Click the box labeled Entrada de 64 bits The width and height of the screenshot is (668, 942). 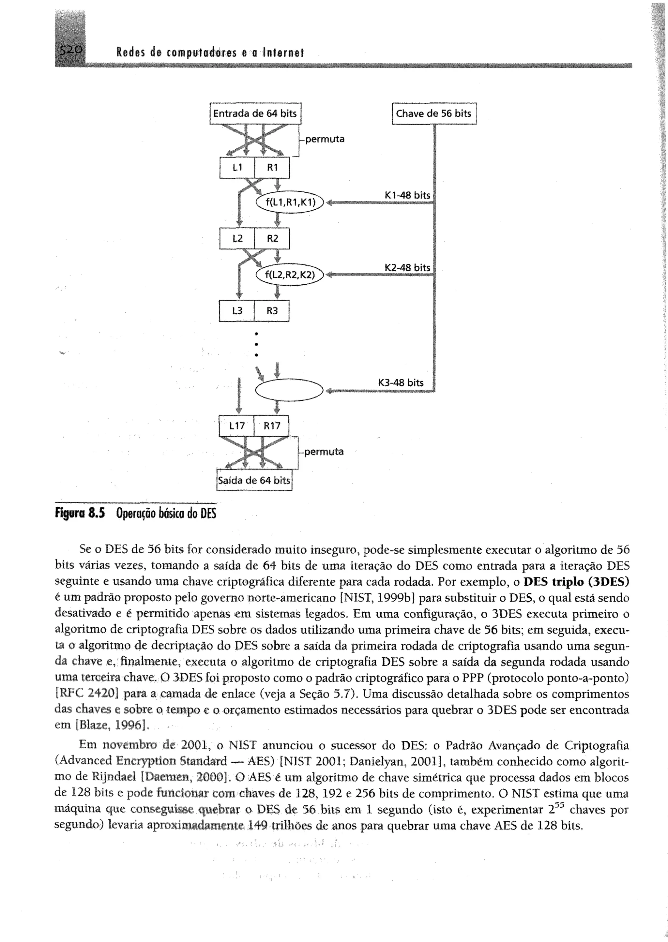(255, 113)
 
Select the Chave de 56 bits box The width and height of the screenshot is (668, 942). (434, 113)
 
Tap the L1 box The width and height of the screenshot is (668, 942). (237, 168)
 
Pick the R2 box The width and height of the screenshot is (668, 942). (272, 238)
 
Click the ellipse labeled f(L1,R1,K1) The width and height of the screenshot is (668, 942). (290, 202)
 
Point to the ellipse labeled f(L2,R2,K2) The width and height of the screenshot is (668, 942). (290, 275)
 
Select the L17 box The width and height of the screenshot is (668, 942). (237, 426)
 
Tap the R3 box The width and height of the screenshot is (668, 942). (272, 311)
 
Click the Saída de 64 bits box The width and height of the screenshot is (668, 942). (254, 480)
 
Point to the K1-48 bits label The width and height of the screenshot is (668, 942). (407, 195)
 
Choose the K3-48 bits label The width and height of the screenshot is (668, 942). (401, 383)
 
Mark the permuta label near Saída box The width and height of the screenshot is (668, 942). (324, 452)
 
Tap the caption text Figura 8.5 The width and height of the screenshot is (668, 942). (80, 514)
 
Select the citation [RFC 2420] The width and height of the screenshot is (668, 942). (87, 695)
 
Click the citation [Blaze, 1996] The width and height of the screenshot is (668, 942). (100, 725)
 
